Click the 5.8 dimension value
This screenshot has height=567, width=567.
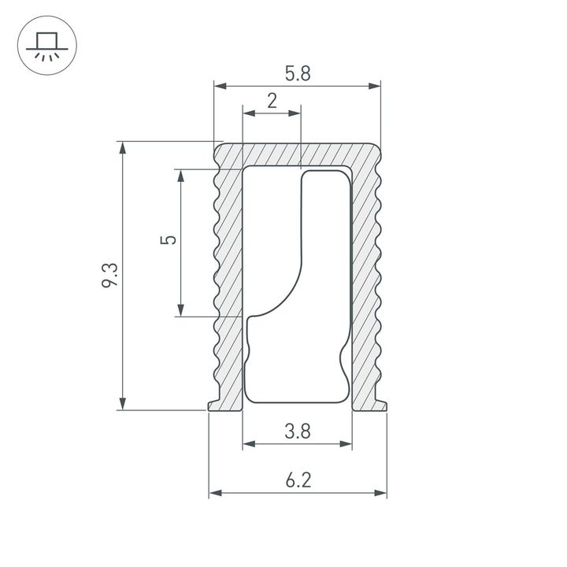(x=297, y=74)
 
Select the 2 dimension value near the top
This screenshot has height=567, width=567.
(x=272, y=101)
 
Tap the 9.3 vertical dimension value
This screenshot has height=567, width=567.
(x=110, y=276)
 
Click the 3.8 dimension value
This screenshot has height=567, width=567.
(x=298, y=431)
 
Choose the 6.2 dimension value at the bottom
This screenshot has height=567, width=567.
(x=298, y=480)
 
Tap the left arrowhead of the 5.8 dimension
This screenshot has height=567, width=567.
(x=220, y=85)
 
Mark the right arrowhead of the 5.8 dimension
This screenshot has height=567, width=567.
(x=375, y=85)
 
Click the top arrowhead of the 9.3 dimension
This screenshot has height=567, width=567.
(x=122, y=147)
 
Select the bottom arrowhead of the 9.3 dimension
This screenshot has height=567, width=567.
(x=122, y=404)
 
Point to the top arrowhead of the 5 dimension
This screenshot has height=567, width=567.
(x=181, y=175)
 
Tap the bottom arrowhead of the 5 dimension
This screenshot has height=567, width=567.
(x=181, y=311)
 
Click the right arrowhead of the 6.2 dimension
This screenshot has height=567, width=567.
(x=382, y=494)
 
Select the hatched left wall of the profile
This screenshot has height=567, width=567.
(x=228, y=276)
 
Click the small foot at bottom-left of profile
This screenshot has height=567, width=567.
(x=213, y=405)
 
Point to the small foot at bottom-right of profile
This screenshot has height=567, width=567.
(x=382, y=405)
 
